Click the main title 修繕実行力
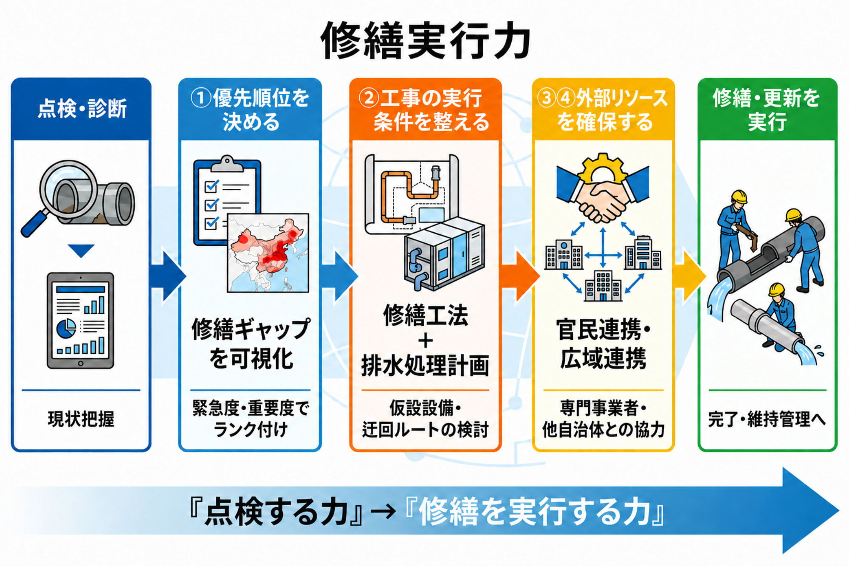pyautogui.click(x=426, y=41)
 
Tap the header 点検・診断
pyautogui.click(x=82, y=109)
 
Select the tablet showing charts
pyautogui.click(x=80, y=321)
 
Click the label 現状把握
pyautogui.click(x=81, y=419)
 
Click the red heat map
pyautogui.click(x=268, y=253)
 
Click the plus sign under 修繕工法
pyautogui.click(x=426, y=341)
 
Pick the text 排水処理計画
pyautogui.click(x=425, y=366)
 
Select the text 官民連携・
pyautogui.click(x=603, y=330)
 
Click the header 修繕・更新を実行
pyautogui.click(x=767, y=110)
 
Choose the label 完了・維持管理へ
pyautogui.click(x=767, y=420)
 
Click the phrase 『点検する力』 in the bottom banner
pyautogui.click(x=276, y=512)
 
